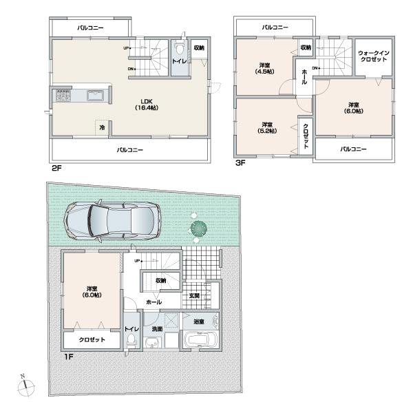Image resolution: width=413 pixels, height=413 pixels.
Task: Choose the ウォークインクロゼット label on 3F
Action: click(374, 56)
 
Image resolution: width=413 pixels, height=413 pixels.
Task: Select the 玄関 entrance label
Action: click(195, 296)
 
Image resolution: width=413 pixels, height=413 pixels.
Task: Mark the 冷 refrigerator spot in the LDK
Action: click(102, 127)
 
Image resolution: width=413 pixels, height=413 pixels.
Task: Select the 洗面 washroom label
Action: click(158, 329)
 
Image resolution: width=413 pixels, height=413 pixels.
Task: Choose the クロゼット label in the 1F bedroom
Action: click(92, 340)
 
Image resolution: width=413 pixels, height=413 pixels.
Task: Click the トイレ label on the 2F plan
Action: click(178, 61)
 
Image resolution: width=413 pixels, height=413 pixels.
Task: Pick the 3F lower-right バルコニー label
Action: click(352, 149)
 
